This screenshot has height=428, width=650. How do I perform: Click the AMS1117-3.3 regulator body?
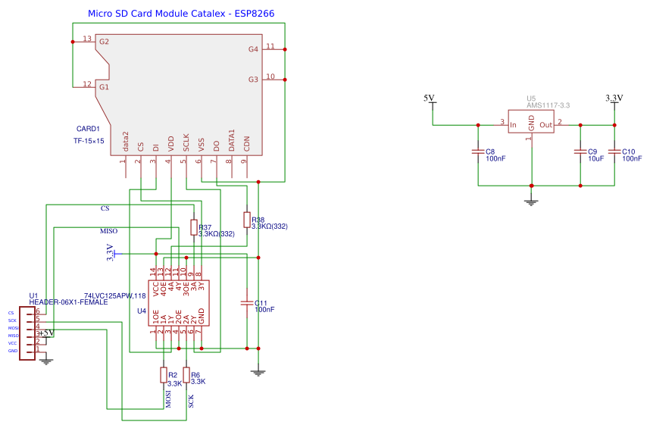click(x=531, y=122)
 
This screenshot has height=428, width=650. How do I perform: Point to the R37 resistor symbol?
click(x=193, y=228)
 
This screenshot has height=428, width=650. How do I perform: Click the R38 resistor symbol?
click(x=246, y=220)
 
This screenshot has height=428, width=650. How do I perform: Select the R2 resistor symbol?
click(x=163, y=374)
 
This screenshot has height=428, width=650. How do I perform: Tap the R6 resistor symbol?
click(x=186, y=374)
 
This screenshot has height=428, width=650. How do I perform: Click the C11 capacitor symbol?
click(x=246, y=303)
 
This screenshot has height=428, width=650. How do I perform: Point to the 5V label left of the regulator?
click(x=429, y=98)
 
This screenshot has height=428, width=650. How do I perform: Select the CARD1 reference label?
click(x=88, y=129)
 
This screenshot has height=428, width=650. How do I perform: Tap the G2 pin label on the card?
click(x=104, y=42)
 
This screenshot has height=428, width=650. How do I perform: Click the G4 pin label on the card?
click(x=253, y=49)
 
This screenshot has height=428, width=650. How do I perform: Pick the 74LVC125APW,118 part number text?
click(x=114, y=295)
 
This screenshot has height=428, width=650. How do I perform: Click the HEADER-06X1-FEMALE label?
click(x=68, y=302)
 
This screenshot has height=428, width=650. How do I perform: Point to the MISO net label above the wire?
click(x=109, y=230)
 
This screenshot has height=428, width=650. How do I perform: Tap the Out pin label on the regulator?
click(x=545, y=125)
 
